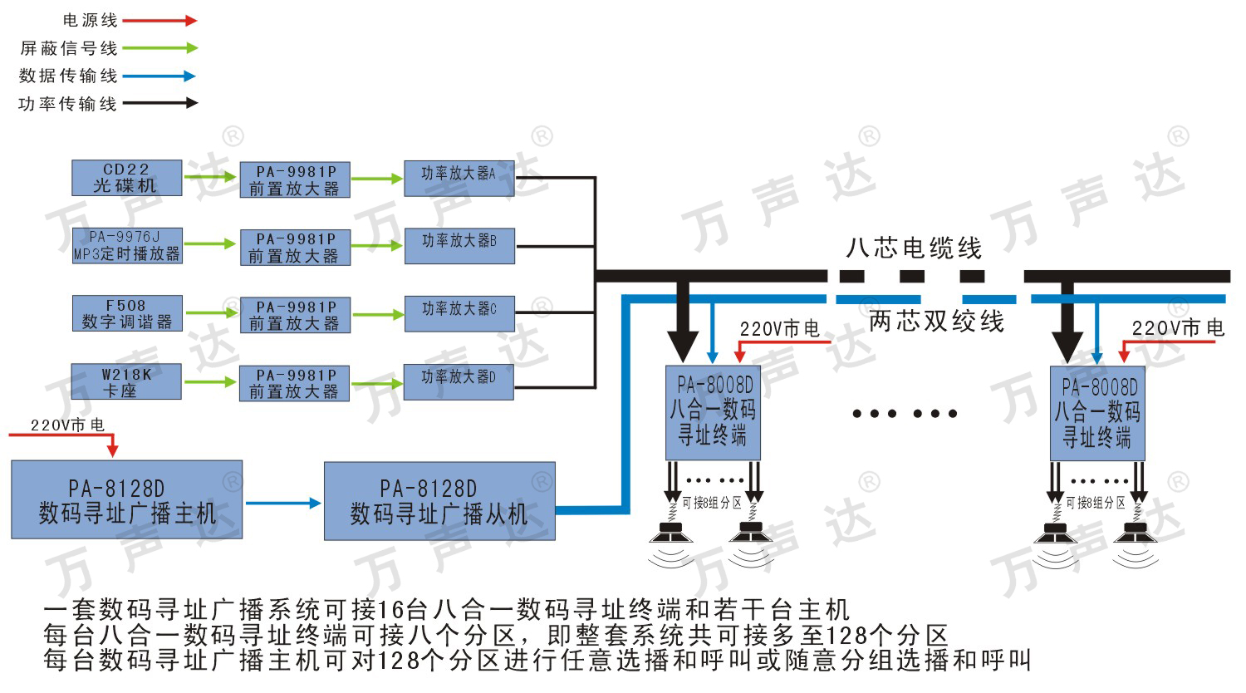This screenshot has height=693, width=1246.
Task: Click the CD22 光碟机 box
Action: (x=127, y=178)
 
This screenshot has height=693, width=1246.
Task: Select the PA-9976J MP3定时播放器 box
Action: (x=127, y=245)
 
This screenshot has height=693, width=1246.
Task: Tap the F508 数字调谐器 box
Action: (x=127, y=313)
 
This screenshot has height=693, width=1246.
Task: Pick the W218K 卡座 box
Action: (x=126, y=381)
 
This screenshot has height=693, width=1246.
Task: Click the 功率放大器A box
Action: (x=459, y=179)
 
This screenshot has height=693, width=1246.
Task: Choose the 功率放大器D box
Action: (x=459, y=382)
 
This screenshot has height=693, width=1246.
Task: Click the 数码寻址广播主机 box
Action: (x=127, y=499)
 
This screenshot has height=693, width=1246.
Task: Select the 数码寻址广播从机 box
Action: (x=440, y=501)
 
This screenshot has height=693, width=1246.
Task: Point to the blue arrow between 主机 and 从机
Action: (x=284, y=504)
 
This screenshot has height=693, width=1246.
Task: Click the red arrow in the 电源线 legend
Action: (x=160, y=21)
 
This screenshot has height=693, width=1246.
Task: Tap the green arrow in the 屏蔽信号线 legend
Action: (x=160, y=48)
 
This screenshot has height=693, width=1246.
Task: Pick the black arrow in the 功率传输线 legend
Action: (x=160, y=103)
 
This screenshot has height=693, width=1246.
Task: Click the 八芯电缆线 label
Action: (x=914, y=248)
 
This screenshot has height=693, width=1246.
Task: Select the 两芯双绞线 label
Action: (x=937, y=322)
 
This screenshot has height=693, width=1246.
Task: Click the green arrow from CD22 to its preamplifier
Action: (x=210, y=177)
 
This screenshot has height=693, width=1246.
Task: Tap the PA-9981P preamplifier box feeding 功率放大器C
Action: (x=296, y=315)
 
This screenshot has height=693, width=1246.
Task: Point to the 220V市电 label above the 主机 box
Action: (x=67, y=425)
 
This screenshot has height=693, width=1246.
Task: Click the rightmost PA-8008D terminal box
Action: (x=1097, y=414)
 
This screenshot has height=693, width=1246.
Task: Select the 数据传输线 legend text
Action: (x=68, y=76)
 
